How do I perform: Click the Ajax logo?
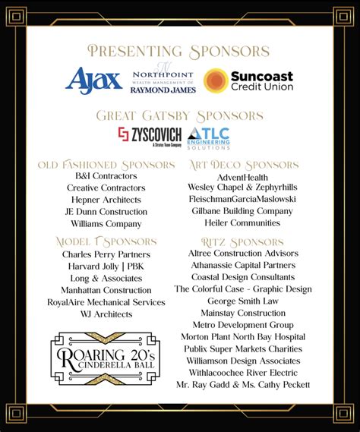coord(94,80)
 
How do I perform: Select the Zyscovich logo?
coord(149,137)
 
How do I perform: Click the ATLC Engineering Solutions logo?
coord(208,137)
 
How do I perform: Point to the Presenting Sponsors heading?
coord(179,51)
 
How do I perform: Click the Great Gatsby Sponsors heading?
coord(179,115)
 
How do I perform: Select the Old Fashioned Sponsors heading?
coord(106,164)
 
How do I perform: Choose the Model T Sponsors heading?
coord(106,241)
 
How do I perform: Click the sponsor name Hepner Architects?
coord(106,200)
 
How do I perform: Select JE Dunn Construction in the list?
coord(106,212)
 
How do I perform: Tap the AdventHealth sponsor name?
coord(243,176)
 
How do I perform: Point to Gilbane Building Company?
coord(243,211)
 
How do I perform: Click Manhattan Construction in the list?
coord(106,290)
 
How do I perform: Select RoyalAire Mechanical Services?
coord(106,302)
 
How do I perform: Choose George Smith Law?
coord(243,301)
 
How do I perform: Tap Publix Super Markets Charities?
coord(243,348)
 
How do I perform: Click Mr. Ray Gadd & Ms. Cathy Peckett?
coord(243,384)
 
